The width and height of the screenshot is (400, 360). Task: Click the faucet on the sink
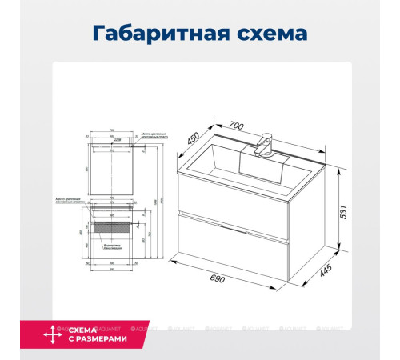(x=264, y=147)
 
